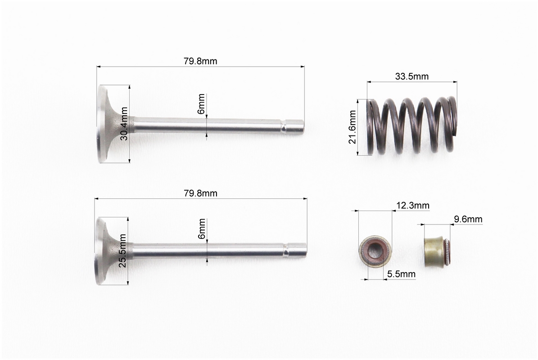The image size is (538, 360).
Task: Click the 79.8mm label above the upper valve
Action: pos(200,61)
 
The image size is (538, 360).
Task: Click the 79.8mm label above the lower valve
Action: pos(200,193)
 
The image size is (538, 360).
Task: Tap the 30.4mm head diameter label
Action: pos(124,123)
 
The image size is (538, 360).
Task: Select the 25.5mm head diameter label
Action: pos(123,251)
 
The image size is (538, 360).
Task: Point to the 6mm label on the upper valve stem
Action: pos(201,103)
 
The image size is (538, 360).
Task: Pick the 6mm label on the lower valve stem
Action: pos(202,229)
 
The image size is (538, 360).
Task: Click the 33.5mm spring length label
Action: pos(412,76)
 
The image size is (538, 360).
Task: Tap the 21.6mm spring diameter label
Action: pos(353,127)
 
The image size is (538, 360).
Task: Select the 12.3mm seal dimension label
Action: pos(413,205)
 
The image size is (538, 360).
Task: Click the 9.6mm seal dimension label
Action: pos(468,219)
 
